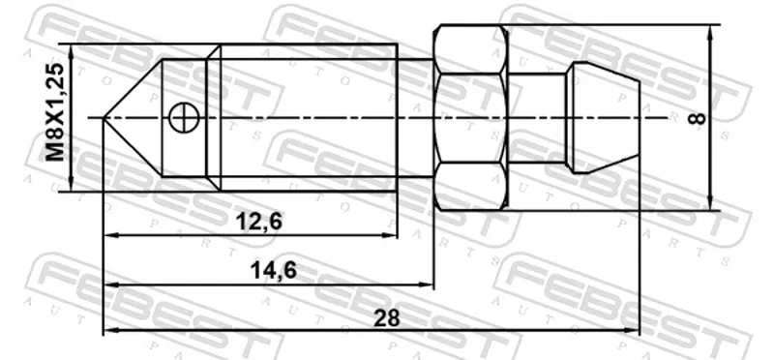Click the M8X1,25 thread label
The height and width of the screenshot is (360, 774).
56,112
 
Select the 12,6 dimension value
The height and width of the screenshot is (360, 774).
258,222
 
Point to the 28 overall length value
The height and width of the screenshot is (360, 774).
386,318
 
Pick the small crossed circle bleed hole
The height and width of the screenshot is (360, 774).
183,118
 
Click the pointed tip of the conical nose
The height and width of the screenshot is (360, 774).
104,117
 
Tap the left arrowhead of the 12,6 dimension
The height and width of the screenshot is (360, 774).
111,236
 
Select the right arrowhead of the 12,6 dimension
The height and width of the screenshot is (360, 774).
389,236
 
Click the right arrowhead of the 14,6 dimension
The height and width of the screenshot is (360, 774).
426,285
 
